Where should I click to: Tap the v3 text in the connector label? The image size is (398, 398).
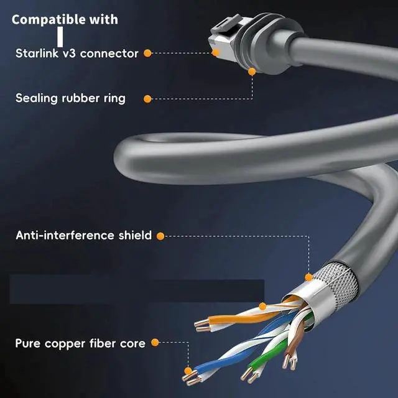(69, 53)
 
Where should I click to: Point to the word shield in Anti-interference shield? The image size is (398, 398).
(134, 236)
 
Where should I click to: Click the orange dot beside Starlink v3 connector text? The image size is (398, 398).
(147, 53)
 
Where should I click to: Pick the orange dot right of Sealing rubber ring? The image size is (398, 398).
(147, 98)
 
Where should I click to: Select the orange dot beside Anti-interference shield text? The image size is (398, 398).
(160, 236)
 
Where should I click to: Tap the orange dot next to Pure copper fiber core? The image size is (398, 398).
(155, 343)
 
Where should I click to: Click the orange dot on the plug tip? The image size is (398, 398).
(216, 53)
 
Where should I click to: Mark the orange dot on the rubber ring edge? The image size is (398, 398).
(252, 72)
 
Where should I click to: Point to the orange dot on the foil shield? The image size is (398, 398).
(308, 277)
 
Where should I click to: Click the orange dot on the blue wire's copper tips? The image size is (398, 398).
(188, 371)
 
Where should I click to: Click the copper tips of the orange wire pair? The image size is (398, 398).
(201, 324)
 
